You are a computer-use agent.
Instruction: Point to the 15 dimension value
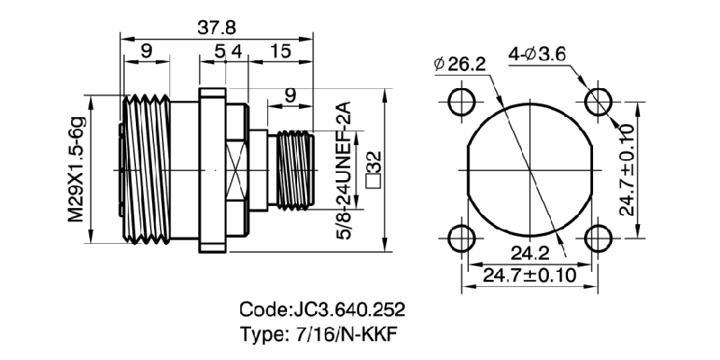point(280,51)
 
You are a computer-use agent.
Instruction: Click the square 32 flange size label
point(373,168)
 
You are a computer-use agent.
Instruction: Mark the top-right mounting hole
point(598,99)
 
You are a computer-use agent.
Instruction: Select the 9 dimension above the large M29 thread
point(145,51)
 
